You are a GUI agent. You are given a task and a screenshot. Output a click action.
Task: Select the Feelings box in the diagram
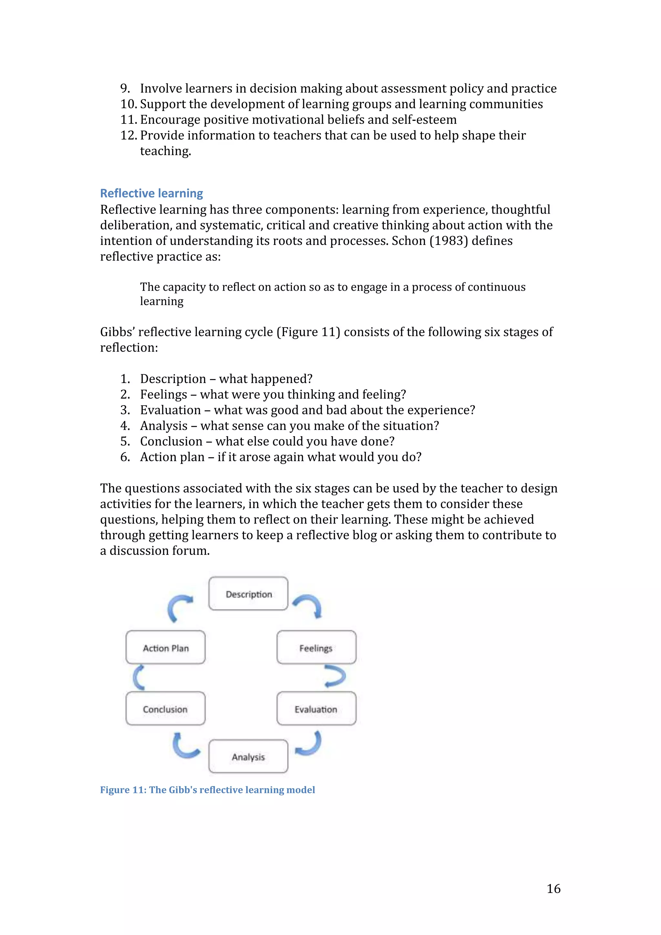[316, 648]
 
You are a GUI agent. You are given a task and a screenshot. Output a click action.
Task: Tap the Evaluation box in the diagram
[316, 709]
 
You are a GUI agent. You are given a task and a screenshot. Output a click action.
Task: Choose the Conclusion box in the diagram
[165, 709]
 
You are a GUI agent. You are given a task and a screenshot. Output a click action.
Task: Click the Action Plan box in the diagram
[165, 648]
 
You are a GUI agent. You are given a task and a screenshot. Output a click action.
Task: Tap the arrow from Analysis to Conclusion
[185, 745]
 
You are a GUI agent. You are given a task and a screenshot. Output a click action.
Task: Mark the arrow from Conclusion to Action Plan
[138, 677]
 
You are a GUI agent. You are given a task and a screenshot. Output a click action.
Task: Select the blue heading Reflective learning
[151, 193]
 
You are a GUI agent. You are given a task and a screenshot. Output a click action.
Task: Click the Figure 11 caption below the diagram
[207, 789]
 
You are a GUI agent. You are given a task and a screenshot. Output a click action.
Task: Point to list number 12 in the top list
[128, 135]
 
